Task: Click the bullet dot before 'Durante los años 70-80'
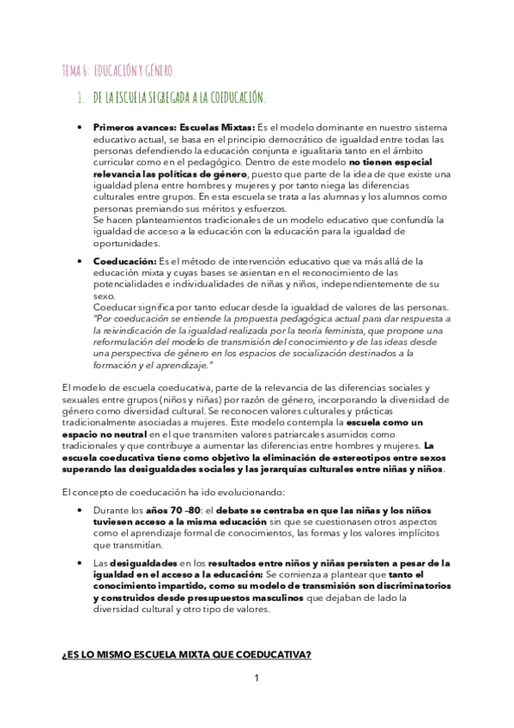pos(79,512)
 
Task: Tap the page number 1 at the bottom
pos(256,679)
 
